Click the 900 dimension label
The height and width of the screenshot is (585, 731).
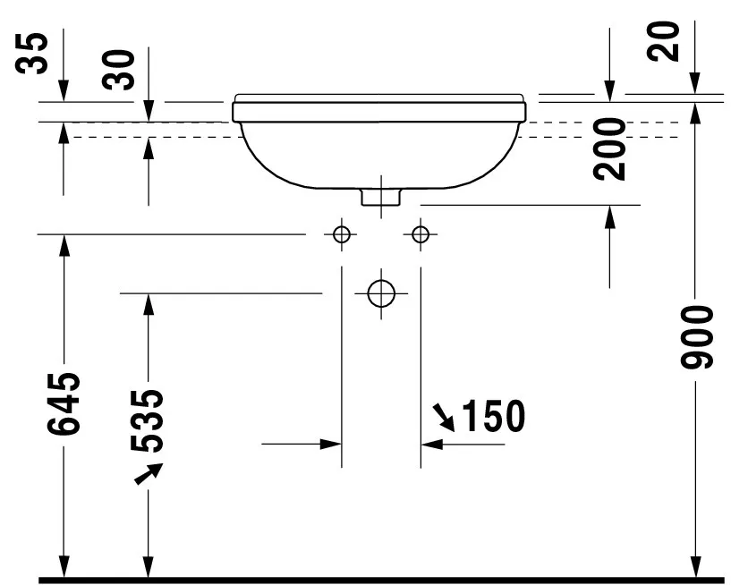(697, 337)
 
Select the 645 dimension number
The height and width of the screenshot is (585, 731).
(64, 403)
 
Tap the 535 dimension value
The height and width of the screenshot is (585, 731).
(148, 421)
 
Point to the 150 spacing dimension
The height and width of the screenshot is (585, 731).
(494, 416)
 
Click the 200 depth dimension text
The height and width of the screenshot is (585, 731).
(610, 149)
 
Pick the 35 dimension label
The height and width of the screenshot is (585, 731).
(31, 53)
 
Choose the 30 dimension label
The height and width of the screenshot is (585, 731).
(118, 70)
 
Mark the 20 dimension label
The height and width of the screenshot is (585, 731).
(664, 41)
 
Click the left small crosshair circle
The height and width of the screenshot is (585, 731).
(342, 234)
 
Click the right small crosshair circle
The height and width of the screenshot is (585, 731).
(421, 234)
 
